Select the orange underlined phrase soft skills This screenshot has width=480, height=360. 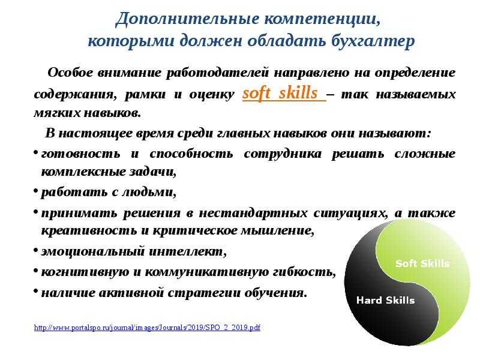(x=280, y=93)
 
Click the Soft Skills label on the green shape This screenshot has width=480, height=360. (x=422, y=263)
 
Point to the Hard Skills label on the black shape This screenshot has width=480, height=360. (x=385, y=300)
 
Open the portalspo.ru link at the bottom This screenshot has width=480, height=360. (x=147, y=328)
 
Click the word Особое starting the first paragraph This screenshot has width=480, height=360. (x=70, y=73)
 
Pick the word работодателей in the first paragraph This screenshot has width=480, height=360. (x=217, y=73)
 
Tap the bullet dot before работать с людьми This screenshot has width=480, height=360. (x=36, y=191)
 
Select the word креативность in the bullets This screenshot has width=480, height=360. (x=89, y=230)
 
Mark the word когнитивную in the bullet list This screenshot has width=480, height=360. (x=85, y=272)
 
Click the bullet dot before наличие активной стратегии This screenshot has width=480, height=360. (x=36, y=291)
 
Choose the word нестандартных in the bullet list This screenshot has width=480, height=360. (x=253, y=213)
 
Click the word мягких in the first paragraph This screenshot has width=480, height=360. (x=56, y=113)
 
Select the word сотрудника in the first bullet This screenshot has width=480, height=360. (x=283, y=154)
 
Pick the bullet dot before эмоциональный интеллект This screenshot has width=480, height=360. (x=36, y=250)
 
